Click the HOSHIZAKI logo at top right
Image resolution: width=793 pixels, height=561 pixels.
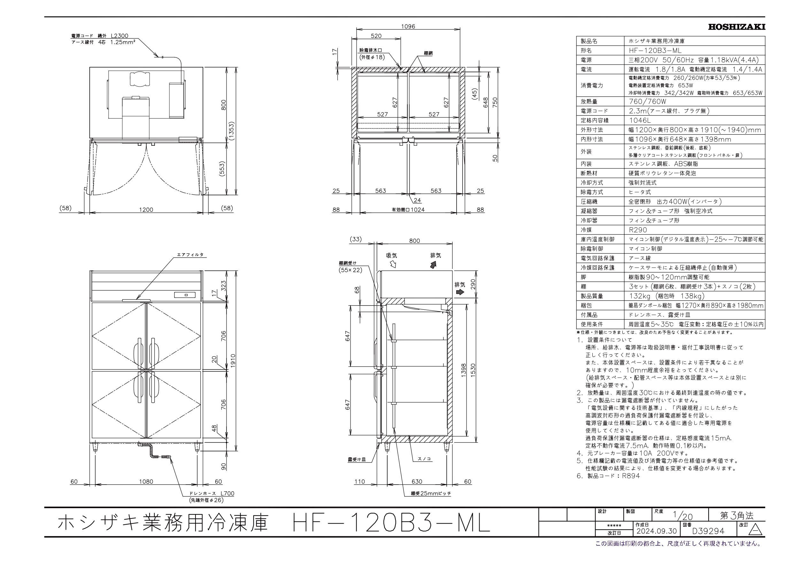[x=736, y=27]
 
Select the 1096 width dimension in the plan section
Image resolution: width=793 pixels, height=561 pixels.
[x=408, y=26]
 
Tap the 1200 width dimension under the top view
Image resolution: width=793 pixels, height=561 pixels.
[x=146, y=209]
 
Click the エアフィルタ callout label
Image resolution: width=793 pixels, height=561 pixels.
[x=190, y=255]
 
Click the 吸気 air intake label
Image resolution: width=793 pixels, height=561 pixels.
[x=392, y=256]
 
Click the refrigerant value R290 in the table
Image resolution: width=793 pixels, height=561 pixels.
[x=638, y=230]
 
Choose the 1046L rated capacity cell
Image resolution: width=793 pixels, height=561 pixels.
[x=640, y=120]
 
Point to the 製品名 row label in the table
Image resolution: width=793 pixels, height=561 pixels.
[x=589, y=41]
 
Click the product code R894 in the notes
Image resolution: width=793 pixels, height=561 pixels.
[x=630, y=476]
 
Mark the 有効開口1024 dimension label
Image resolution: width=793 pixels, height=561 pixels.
[x=408, y=209]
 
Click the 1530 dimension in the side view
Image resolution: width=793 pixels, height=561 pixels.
[x=477, y=370]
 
